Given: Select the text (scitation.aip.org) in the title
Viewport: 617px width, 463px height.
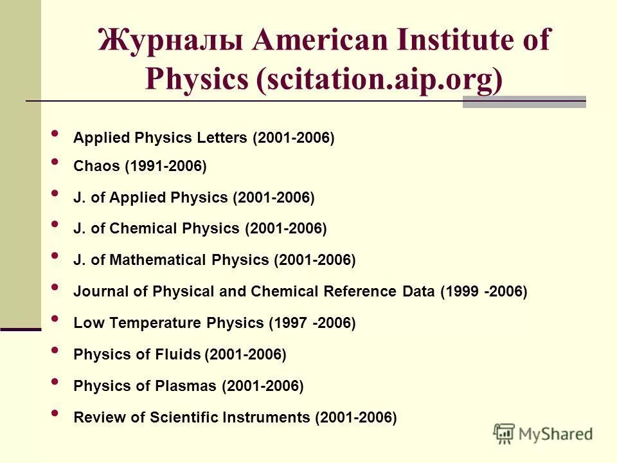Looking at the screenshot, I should (x=380, y=79).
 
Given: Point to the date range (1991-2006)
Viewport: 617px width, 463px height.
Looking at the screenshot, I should (x=166, y=167).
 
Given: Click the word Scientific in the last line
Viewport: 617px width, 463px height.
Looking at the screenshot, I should (x=184, y=417).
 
